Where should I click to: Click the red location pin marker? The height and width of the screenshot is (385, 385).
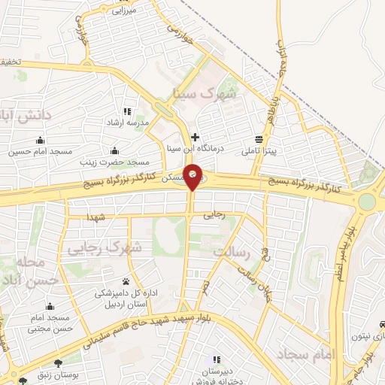point(193,176)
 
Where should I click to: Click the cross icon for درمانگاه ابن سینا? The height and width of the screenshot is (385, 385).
point(196,137)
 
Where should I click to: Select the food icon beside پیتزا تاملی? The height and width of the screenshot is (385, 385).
point(259,139)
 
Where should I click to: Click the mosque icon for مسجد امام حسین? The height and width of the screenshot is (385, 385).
point(40,140)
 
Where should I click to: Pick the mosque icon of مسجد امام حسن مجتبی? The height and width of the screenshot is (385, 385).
point(50,306)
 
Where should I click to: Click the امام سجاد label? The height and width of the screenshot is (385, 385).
point(299,353)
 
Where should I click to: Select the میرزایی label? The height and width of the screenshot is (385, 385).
point(123,11)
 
